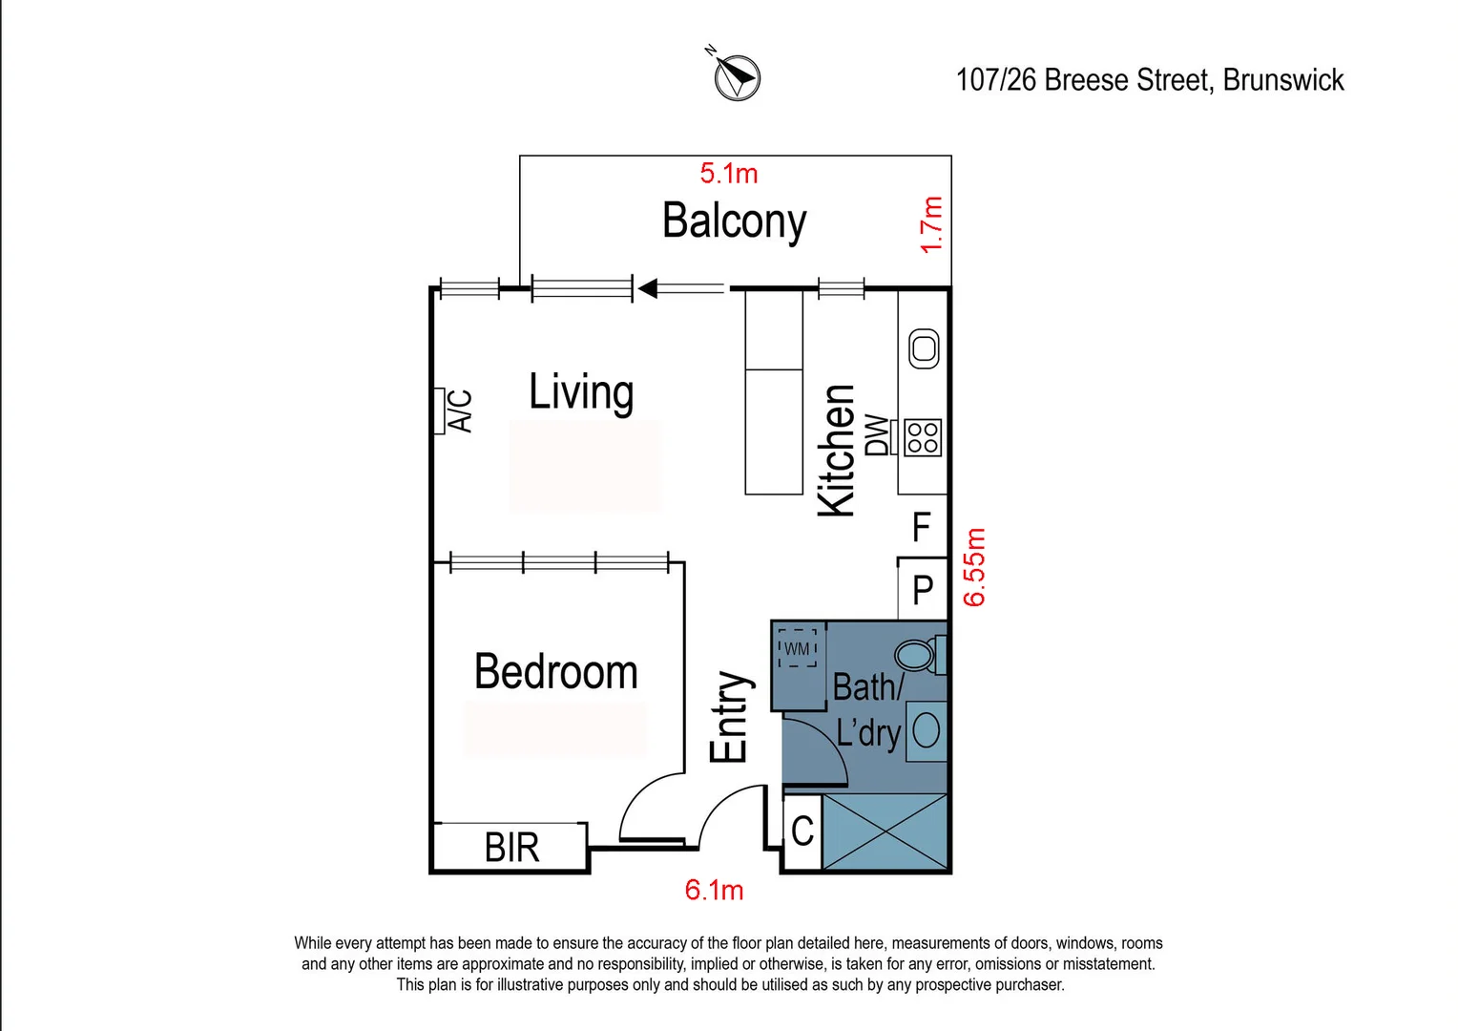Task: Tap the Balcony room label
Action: point(734,221)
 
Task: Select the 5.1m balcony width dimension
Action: point(728,173)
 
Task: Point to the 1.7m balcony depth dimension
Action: point(931,224)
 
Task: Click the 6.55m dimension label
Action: point(974,567)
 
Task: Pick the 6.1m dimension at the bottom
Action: point(714,890)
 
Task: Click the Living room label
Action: point(580,392)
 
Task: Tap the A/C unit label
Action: point(461,410)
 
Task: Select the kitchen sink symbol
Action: point(924,349)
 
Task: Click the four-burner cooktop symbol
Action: point(923,437)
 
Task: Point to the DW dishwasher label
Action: point(877,435)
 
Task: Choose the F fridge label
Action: point(921,526)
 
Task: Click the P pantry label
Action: point(923,590)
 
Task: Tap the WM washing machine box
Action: point(797,648)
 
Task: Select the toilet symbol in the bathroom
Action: point(920,655)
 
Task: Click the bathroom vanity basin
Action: point(926,730)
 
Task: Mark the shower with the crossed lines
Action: point(885,831)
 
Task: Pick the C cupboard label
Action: point(802,831)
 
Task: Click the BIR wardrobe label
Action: point(511,848)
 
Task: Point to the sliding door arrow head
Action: point(648,288)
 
